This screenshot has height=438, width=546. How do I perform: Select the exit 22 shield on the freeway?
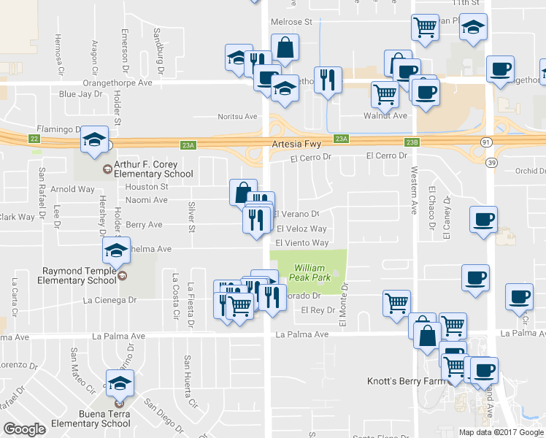[34, 137]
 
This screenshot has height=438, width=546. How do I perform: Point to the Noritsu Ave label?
[238, 116]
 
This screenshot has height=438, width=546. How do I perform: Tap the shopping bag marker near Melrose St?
[285, 48]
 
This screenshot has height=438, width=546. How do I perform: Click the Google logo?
[24, 429]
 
